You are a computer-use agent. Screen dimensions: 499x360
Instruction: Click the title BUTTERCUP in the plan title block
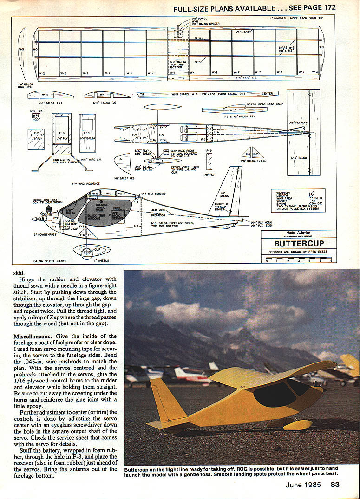click(x=299, y=243)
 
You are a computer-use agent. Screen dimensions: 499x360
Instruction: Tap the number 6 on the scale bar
click(x=331, y=261)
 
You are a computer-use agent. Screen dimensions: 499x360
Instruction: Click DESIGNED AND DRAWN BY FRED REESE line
click(x=298, y=252)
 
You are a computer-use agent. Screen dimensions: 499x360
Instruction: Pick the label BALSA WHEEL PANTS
click(x=50, y=261)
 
